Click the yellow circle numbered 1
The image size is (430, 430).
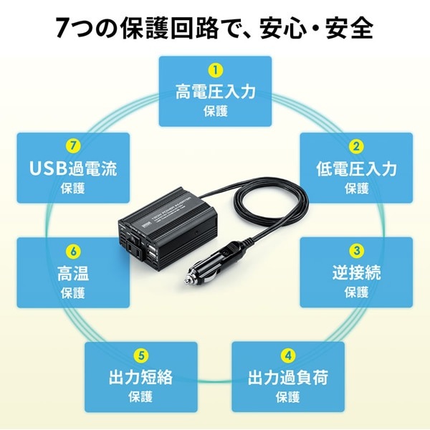215,70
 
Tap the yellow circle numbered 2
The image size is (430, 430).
356,146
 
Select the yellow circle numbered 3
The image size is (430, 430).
356,251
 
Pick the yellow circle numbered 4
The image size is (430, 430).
288,355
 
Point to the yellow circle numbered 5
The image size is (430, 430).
141,355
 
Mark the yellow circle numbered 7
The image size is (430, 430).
73,146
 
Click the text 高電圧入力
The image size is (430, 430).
215,92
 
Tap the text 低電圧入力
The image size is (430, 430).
356,168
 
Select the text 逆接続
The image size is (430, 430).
356,272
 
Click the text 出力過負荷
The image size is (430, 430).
288,378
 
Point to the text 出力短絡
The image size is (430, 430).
141,378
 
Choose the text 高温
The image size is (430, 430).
73,273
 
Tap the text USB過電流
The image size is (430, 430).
73,168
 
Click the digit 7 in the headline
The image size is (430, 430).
63,28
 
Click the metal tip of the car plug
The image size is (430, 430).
188,280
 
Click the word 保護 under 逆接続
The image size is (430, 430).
356,292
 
